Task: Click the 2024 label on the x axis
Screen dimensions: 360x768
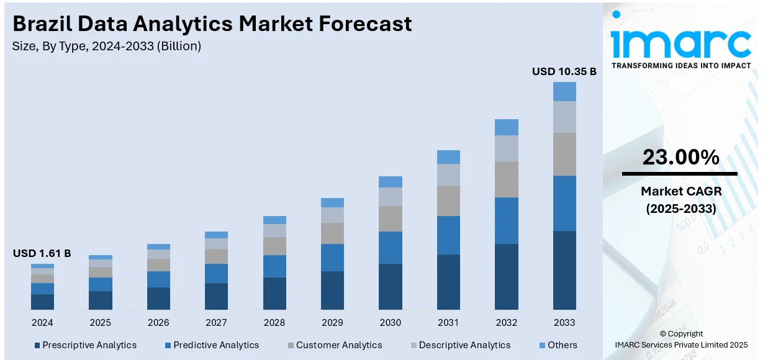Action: tap(42, 323)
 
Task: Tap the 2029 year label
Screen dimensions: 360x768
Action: tap(332, 323)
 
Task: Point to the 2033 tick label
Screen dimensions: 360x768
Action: tap(564, 323)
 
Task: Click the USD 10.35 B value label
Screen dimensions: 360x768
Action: tap(564, 71)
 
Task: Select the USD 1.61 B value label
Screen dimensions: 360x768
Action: tap(42, 253)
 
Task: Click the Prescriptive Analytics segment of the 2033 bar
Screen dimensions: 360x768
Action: tap(564, 270)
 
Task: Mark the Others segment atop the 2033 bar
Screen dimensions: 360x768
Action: tap(564, 91)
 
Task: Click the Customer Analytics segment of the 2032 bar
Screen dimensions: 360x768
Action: tap(506, 179)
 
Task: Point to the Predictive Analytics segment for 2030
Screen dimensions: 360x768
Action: tap(391, 248)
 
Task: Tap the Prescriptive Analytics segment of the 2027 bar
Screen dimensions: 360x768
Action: tap(216, 296)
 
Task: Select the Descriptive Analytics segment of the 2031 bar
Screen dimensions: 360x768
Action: tap(448, 174)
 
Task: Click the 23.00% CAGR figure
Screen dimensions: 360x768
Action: tap(680, 158)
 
